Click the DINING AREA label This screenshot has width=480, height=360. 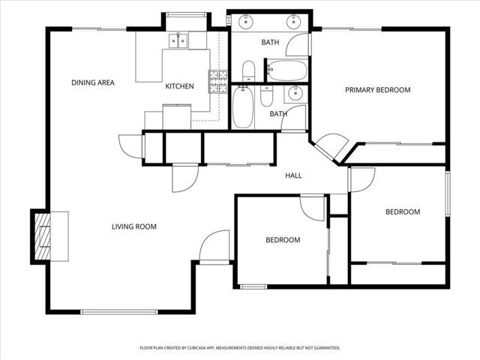93,82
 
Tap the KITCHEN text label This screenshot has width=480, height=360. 179,86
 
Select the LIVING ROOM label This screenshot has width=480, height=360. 133,226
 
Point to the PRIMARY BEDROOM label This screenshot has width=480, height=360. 377,90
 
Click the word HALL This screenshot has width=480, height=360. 293,175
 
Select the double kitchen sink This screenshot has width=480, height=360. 179,40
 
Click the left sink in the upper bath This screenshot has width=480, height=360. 246,22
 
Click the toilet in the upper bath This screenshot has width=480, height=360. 250,72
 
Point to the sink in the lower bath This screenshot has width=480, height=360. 295,94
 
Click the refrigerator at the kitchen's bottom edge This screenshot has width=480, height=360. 177,116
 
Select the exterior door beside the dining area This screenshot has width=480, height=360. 130,145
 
